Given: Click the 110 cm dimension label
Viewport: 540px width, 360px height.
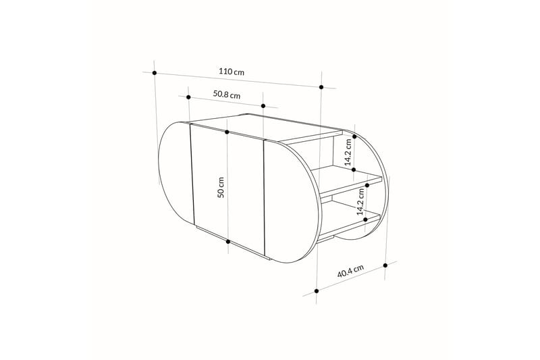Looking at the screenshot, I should (231, 71).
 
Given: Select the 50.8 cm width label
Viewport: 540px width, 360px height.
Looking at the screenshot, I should (227, 95).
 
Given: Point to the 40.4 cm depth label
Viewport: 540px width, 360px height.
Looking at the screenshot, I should (350, 272).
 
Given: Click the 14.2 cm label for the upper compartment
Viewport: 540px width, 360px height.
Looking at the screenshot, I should (348, 153).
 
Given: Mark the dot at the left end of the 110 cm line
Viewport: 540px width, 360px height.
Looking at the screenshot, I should (155, 72).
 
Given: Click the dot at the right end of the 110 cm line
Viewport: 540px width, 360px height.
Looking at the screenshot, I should (322, 87).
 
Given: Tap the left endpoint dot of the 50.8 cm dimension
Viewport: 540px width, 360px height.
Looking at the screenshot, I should (189, 97).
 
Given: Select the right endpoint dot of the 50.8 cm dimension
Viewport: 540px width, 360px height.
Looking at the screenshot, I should (264, 106).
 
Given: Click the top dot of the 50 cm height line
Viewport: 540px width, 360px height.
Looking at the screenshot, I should (227, 132).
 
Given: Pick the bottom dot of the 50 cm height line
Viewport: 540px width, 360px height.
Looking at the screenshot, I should (228, 241).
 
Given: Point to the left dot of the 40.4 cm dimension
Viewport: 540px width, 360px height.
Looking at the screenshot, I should (316, 291).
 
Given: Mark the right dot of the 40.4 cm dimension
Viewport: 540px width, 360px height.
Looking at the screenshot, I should (385, 265).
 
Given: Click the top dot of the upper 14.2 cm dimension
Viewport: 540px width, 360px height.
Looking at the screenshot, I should (354, 136).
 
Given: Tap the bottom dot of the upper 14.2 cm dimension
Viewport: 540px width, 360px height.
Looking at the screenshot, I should (354, 170).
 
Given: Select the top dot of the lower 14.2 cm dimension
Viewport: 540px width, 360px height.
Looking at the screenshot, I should (367, 184).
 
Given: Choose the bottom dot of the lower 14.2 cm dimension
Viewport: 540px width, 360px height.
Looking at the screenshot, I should (366, 219).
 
